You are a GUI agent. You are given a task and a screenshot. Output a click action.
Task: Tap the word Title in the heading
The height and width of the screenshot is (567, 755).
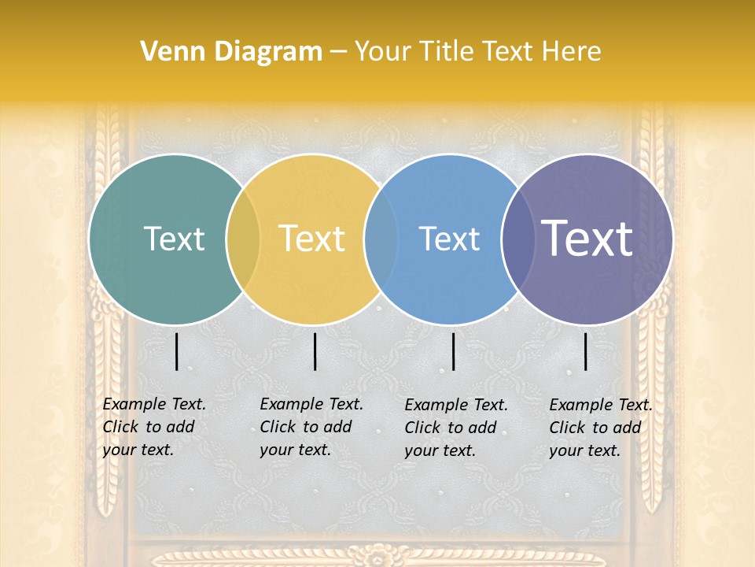pyautogui.click(x=444, y=52)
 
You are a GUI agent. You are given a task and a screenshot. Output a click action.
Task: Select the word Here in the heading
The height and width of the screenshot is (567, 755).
pyautogui.click(x=572, y=52)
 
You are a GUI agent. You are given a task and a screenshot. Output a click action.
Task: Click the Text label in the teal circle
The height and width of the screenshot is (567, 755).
pyautogui.click(x=174, y=239)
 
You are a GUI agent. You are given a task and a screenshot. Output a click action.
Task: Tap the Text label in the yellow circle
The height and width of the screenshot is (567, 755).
pyautogui.click(x=312, y=239)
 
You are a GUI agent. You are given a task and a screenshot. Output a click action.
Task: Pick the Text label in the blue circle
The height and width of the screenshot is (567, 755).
pyautogui.click(x=450, y=239)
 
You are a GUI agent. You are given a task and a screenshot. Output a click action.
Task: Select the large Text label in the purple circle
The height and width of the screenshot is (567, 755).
pyautogui.click(x=587, y=239)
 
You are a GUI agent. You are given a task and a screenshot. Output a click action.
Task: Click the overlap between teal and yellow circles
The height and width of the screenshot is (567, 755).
pyautogui.click(x=243, y=239)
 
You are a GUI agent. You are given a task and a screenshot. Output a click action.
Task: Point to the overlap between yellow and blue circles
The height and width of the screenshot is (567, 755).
pyautogui.click(x=381, y=239)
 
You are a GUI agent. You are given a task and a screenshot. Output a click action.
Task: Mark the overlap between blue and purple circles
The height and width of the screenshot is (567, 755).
pyautogui.click(x=517, y=239)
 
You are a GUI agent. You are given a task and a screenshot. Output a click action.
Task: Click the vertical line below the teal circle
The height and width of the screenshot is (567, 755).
pyautogui.click(x=177, y=351)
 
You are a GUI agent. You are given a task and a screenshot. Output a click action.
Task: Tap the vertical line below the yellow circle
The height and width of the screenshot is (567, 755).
pyautogui.click(x=315, y=351)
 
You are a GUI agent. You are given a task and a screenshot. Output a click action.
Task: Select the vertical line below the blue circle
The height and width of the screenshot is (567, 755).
pyautogui.click(x=454, y=351)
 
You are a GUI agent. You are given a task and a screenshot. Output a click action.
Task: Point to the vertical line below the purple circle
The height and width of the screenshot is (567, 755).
pyautogui.click(x=586, y=351)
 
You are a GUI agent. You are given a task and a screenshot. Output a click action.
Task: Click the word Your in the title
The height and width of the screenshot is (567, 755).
pyautogui.click(x=383, y=52)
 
